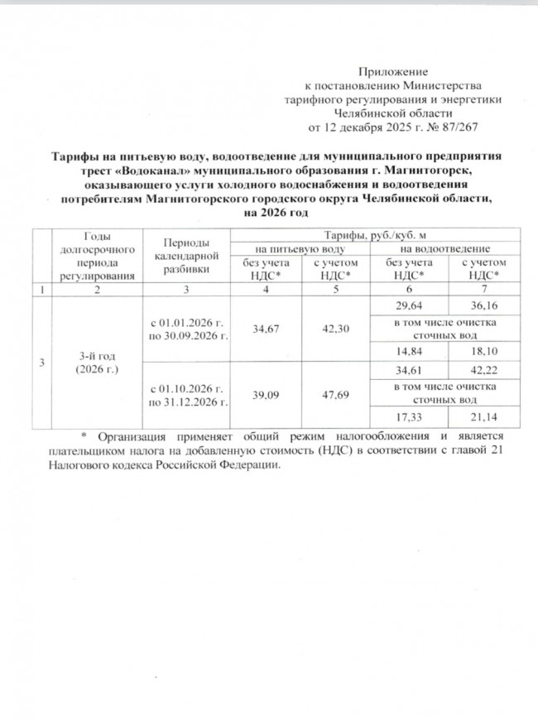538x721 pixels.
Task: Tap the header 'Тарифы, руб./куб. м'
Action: click(368, 237)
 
